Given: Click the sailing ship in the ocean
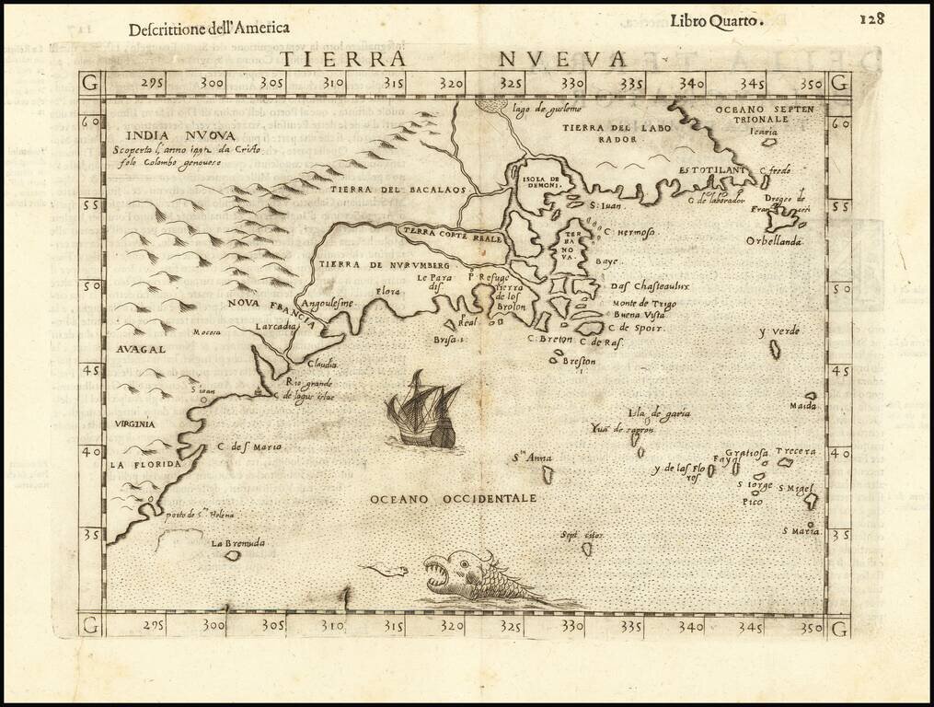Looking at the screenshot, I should click(x=424, y=411).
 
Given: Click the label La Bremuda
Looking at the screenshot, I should click(x=237, y=543).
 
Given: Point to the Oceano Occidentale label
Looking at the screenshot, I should click(x=453, y=498).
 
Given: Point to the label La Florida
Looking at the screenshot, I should click(x=142, y=465).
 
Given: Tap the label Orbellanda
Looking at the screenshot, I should click(x=774, y=241).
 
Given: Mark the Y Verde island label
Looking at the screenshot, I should click(x=778, y=331).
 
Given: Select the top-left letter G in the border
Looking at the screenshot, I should click(x=90, y=82).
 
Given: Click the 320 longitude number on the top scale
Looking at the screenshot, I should click(x=453, y=84).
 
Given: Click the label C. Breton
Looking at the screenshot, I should click(x=550, y=339).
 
